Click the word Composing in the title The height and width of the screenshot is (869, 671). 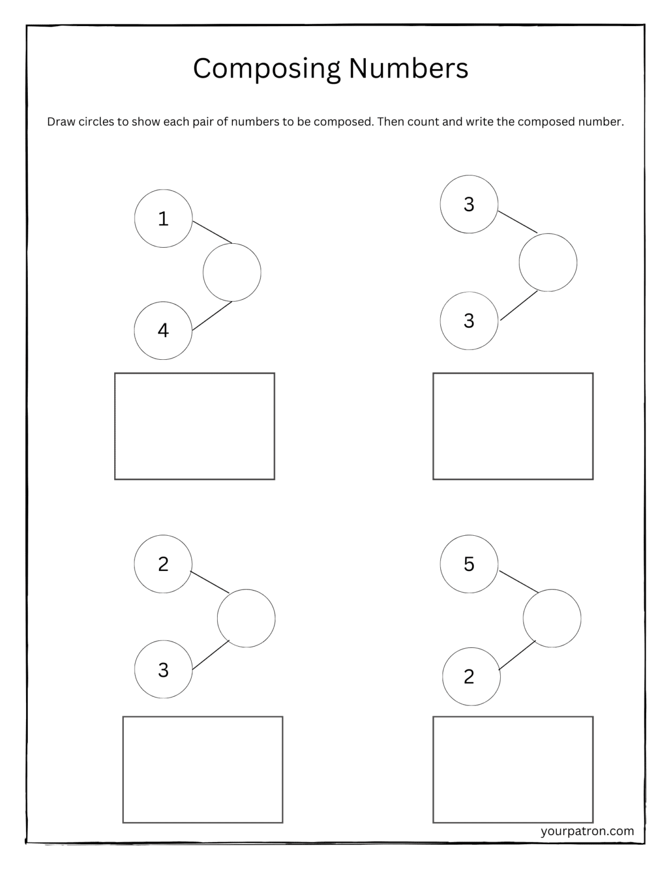tap(267, 69)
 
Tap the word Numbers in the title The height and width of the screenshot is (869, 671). tap(408, 68)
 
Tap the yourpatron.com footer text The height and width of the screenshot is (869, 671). tap(587, 831)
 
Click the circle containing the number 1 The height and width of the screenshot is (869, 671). tap(163, 218)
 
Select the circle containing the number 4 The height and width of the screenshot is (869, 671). tap(163, 330)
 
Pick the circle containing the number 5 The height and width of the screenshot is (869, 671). tap(469, 564)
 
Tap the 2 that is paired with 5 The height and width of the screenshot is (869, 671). tap(470, 677)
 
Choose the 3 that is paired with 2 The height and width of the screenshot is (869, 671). tap(163, 670)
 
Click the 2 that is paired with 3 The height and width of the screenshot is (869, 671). tap(163, 564)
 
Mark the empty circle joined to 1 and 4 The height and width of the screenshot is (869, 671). tap(232, 272)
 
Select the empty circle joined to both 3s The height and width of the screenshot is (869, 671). tap(548, 263)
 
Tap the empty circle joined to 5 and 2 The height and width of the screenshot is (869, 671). tap(552, 618)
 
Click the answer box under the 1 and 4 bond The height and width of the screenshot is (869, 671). tap(194, 426)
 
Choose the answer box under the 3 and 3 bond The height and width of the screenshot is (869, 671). tap(513, 426)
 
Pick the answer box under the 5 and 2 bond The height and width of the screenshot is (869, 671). tap(513, 769)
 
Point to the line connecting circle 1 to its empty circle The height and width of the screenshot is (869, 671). tap(212, 232)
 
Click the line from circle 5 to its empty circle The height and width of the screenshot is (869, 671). tap(518, 582)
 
